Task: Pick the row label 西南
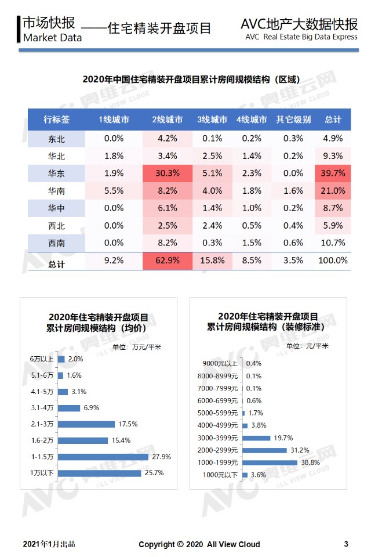(x=57, y=243)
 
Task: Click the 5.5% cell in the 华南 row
(x=114, y=190)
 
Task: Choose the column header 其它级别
(x=293, y=120)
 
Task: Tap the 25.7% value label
(x=154, y=473)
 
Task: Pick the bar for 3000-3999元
(x=256, y=438)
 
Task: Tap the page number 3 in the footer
(x=346, y=544)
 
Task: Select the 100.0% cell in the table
(x=332, y=261)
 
